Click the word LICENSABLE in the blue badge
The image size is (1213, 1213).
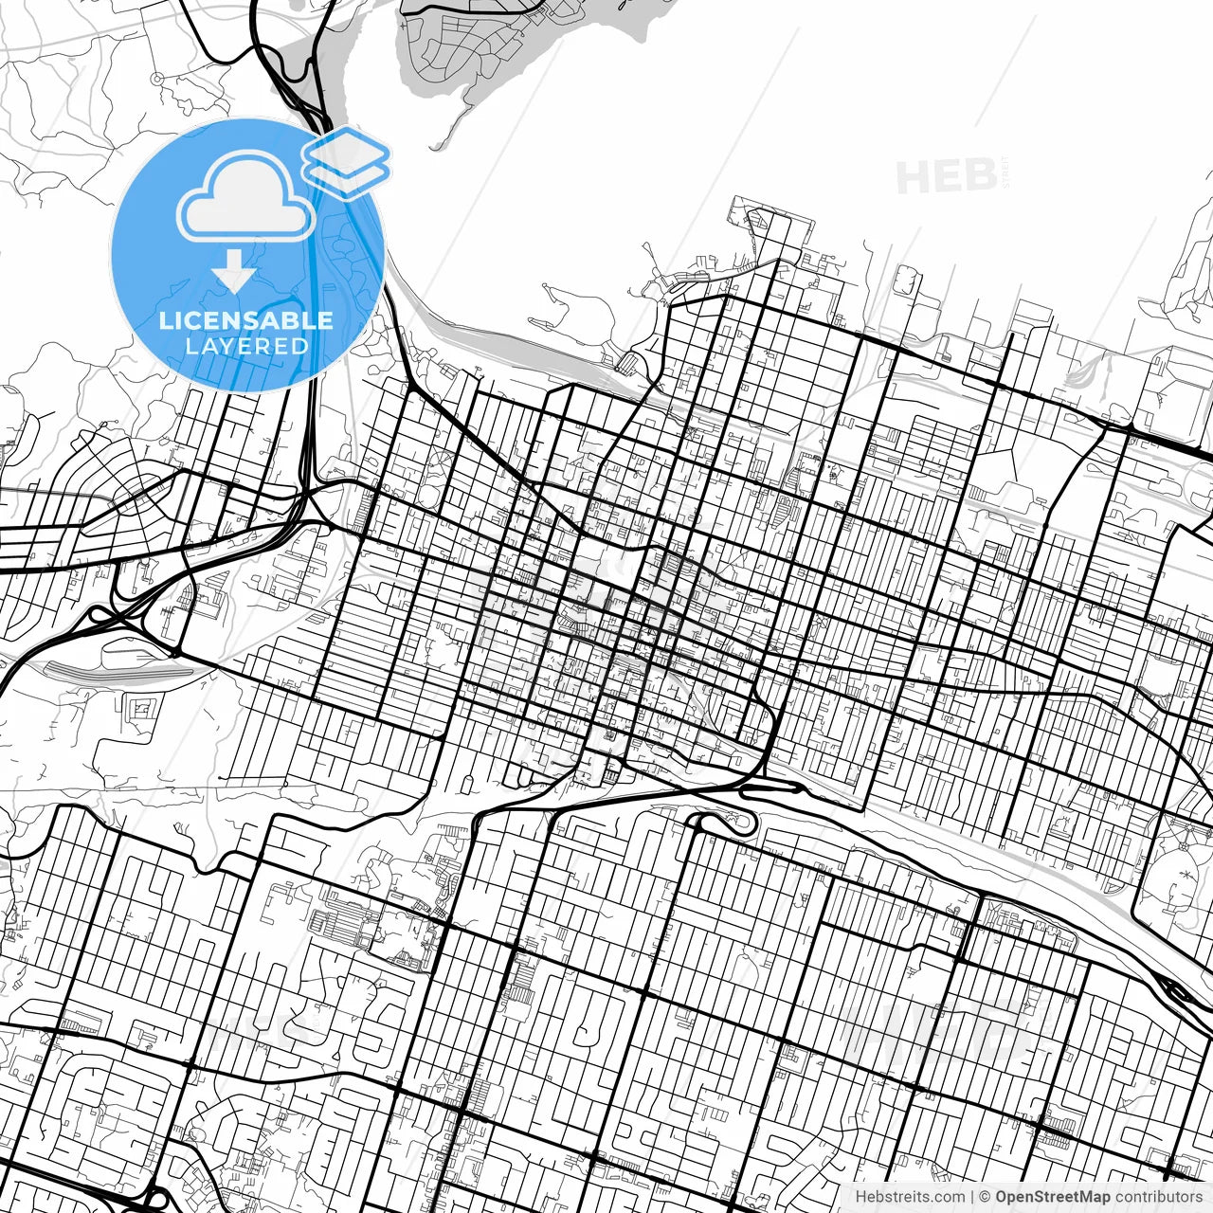tap(246, 320)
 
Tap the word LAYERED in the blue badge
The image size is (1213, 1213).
tap(246, 346)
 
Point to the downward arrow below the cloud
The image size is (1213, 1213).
tap(233, 276)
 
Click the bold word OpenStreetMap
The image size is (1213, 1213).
tap(1053, 1197)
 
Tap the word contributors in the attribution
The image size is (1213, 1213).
tap(1158, 1197)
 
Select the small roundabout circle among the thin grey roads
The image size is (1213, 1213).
tap(157, 78)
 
